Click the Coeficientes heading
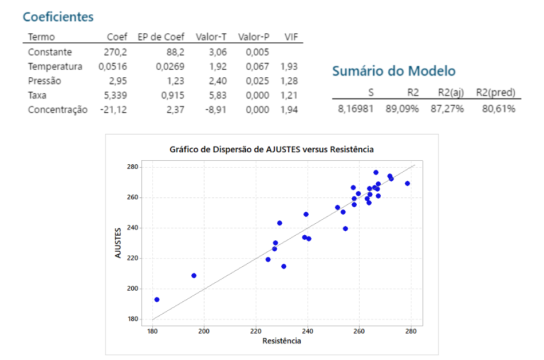click(58, 17)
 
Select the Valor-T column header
click(211, 37)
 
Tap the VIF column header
click(291, 37)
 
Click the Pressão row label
click(44, 81)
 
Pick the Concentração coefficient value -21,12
click(114, 109)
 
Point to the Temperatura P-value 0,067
click(257, 66)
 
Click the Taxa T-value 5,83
click(216, 95)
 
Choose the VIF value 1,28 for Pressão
click(289, 81)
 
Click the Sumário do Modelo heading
click(394, 72)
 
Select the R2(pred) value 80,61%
click(498, 108)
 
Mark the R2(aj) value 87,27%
click(447, 108)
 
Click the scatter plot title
click(271, 149)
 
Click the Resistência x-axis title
click(281, 341)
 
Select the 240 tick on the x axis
click(308, 330)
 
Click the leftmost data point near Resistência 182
click(157, 299)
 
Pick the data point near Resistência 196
click(194, 275)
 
